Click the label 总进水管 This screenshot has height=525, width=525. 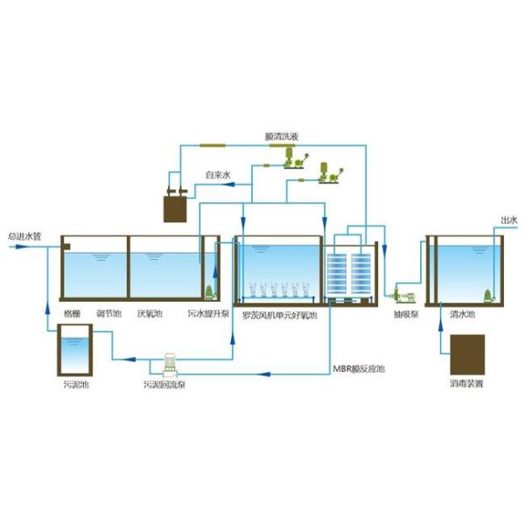pos(24,235)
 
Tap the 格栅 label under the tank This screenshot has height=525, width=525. pos(71,312)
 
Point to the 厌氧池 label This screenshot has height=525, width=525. pos(149,312)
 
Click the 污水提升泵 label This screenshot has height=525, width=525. pos(207,312)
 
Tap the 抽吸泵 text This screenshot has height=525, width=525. pos(405,312)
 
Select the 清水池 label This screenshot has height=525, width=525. pos(462,312)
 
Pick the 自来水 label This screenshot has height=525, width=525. pos(217,175)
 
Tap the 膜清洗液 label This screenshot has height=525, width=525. pos(281,136)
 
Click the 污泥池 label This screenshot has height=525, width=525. pos(76,383)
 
